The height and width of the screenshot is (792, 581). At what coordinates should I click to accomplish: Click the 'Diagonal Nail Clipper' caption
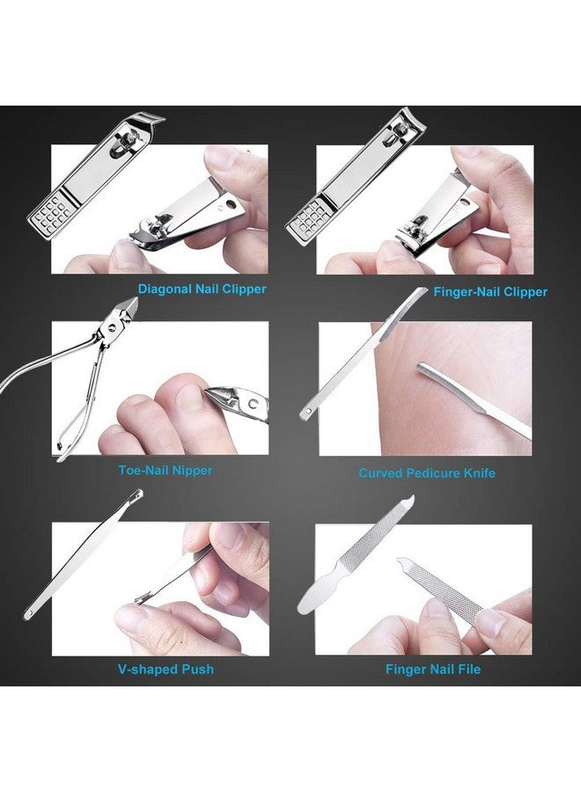tap(202, 289)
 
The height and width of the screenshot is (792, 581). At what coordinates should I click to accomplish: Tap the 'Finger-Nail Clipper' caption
tap(490, 291)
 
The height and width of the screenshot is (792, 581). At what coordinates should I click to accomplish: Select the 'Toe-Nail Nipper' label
tap(165, 470)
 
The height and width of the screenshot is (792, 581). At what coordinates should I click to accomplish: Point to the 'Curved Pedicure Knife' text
tap(427, 473)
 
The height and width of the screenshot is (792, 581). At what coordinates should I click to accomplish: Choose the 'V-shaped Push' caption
tap(165, 669)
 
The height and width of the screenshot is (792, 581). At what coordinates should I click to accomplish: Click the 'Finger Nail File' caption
tap(433, 669)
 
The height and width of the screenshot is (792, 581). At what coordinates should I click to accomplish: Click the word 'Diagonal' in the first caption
tap(164, 289)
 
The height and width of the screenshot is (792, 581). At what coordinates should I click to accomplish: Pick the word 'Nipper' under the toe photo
tap(191, 470)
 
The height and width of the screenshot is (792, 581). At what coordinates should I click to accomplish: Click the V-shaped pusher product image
tap(84, 563)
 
